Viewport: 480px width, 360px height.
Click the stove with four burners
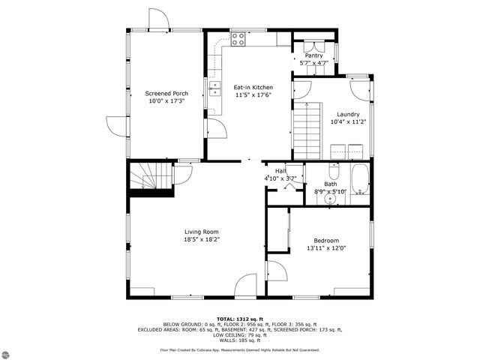[x=238, y=39]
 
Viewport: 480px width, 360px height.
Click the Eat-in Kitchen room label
[x=253, y=87]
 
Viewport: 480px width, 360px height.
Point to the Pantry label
[x=313, y=55]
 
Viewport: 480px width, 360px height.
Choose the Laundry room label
[x=348, y=114]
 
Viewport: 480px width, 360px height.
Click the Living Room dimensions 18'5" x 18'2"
[x=202, y=239]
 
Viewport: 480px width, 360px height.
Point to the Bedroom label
[x=325, y=241]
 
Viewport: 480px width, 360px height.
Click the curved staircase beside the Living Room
[x=149, y=178]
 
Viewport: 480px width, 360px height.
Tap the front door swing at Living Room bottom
[x=246, y=286]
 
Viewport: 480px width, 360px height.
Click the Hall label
[x=280, y=171]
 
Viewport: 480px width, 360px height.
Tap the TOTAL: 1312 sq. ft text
[x=239, y=319]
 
